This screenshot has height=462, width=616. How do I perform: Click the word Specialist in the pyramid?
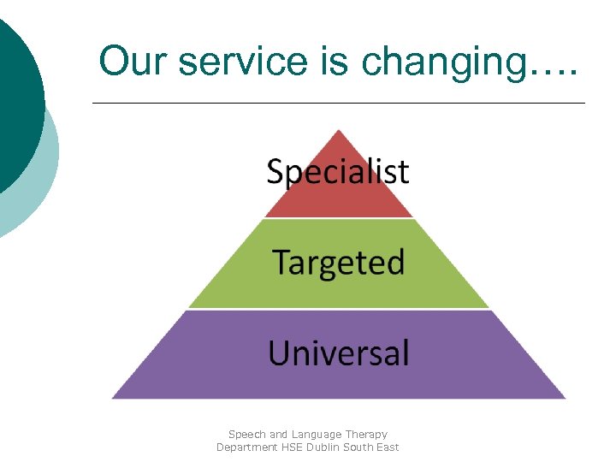tap(338, 173)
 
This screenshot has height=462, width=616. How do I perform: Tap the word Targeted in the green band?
tap(338, 263)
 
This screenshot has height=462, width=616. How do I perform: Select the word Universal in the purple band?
tap(339, 352)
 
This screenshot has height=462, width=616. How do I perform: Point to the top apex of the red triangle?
tap(339, 130)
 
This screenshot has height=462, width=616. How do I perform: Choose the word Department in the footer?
tap(246, 447)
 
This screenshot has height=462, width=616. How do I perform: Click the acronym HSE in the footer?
tap(293, 447)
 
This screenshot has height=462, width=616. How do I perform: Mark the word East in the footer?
tap(388, 447)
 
